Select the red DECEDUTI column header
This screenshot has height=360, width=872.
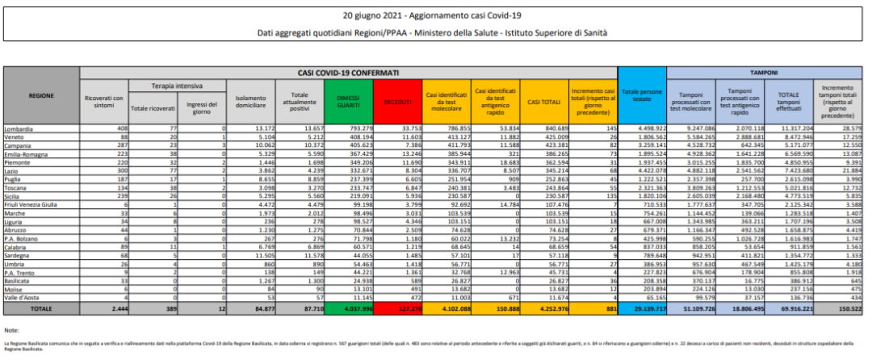point(397,102)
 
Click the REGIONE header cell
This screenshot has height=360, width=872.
point(41,95)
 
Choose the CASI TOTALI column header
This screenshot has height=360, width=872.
point(544,102)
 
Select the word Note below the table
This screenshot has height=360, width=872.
point(12,331)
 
